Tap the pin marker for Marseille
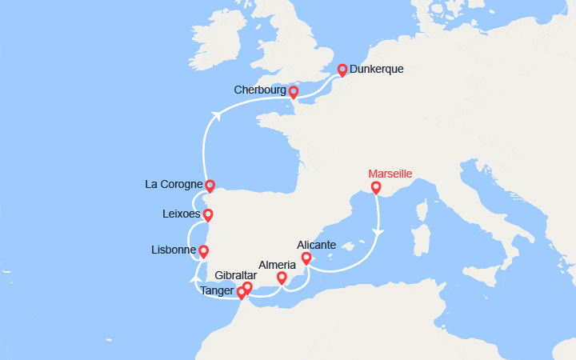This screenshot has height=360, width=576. tap(376, 188)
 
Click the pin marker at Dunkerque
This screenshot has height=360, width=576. tap(342, 70)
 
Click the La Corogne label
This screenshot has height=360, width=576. tap(174, 184)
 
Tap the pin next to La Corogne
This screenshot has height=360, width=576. tap(210, 186)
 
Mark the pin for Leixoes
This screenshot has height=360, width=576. tap(208, 214)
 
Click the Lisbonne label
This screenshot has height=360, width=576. tap(174, 250)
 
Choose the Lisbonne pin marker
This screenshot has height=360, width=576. tap(204, 251)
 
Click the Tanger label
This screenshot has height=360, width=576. tap(218, 292)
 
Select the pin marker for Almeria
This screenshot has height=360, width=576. tap(282, 278)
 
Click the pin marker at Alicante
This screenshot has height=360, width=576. tap(306, 258)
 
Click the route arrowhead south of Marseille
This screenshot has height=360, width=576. tap(378, 232)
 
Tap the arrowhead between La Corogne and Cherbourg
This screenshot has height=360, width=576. tap(215, 114)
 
